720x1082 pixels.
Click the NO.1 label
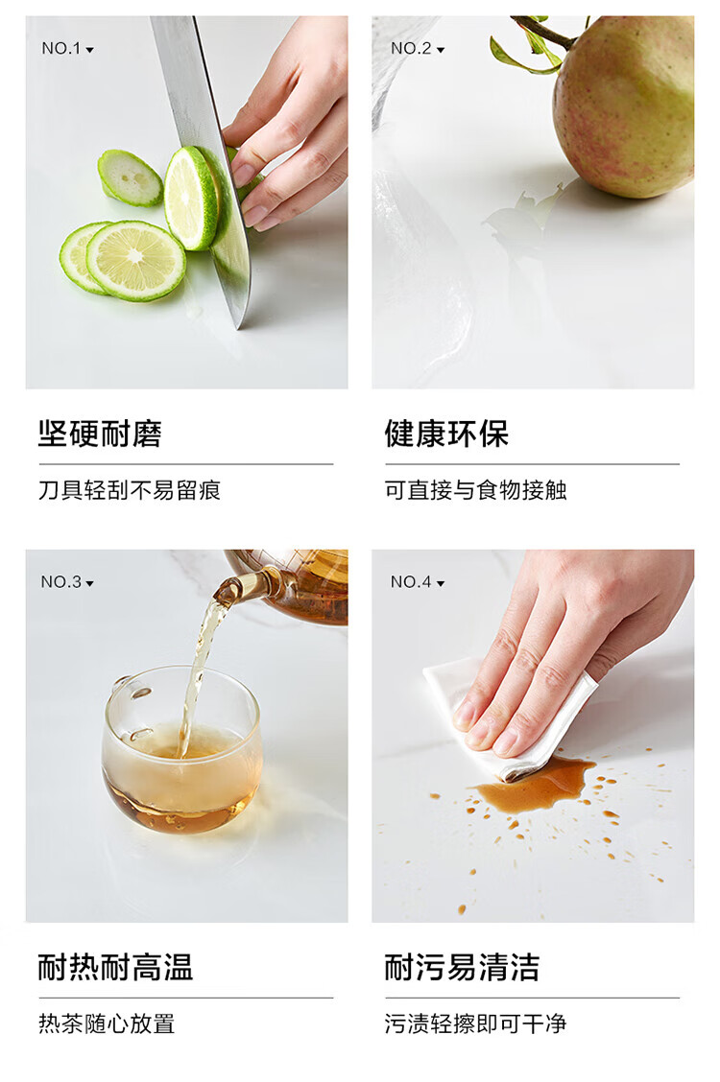pos(67,48)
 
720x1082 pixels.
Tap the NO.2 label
pos(417,48)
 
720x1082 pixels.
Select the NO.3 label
pos(67,581)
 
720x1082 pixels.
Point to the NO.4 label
pos(417,581)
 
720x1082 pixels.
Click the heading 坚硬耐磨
pos(100,434)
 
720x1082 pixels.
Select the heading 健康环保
pos(446,434)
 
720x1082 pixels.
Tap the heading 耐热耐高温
pos(115,967)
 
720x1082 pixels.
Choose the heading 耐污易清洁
pos(462,967)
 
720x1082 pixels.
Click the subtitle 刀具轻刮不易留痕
pos(130,490)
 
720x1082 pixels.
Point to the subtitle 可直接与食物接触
pos(475,490)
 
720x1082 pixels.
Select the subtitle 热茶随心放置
pos(107,1023)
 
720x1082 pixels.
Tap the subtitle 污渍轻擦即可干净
pos(475,1023)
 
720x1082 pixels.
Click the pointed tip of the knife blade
pos(239,328)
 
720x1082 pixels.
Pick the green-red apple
pos(623,107)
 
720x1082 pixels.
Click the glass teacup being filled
pos(182,749)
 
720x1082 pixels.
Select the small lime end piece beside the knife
pos(130,177)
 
